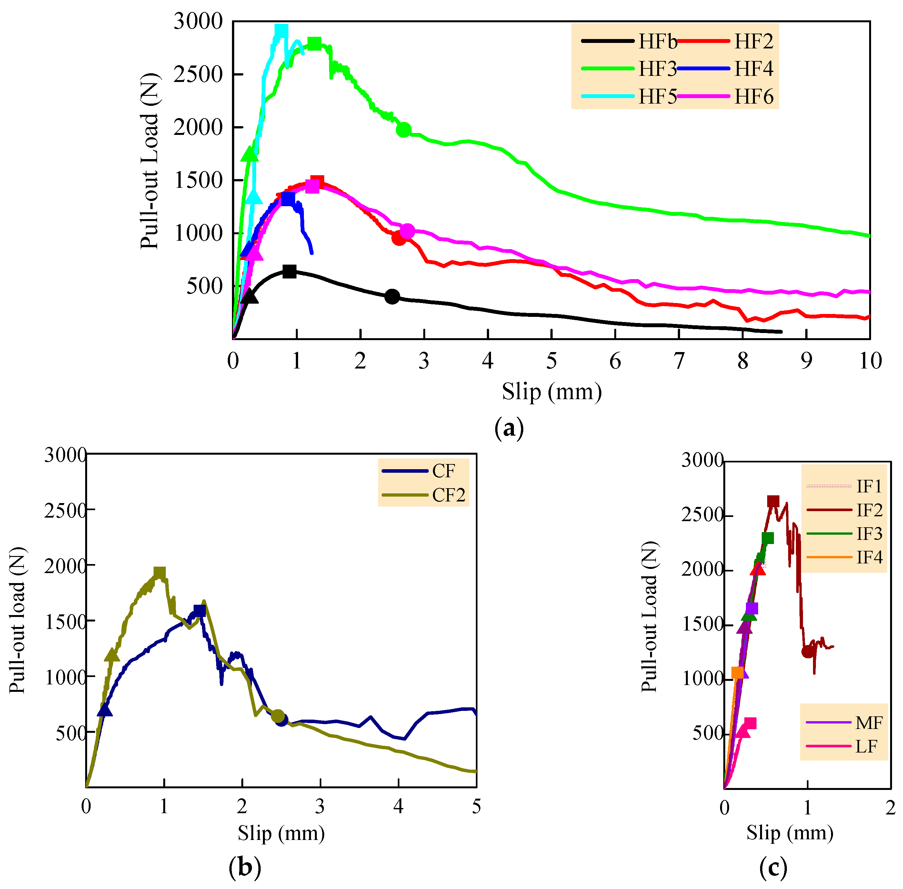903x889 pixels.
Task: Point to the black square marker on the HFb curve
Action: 289,271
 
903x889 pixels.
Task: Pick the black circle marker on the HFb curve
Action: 392,297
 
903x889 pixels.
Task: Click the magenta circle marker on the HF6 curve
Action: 407,231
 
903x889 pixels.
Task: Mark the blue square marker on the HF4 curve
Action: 288,199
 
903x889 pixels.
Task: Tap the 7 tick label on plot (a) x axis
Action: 679,361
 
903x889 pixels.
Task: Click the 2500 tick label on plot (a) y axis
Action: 198,74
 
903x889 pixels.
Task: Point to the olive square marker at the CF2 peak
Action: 160,573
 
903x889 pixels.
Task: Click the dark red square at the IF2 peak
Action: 773,501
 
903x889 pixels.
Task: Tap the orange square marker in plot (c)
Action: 737,672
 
